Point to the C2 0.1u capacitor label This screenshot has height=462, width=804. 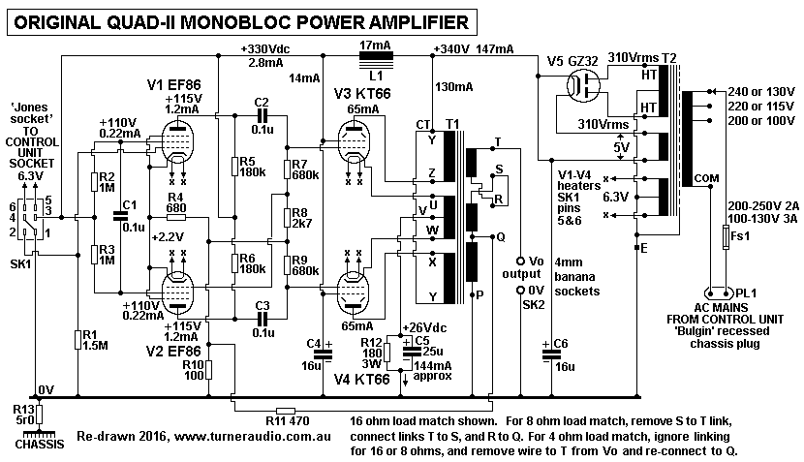pos(260,108)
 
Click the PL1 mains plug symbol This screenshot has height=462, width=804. pos(720,291)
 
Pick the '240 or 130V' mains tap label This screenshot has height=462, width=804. pos(759,91)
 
